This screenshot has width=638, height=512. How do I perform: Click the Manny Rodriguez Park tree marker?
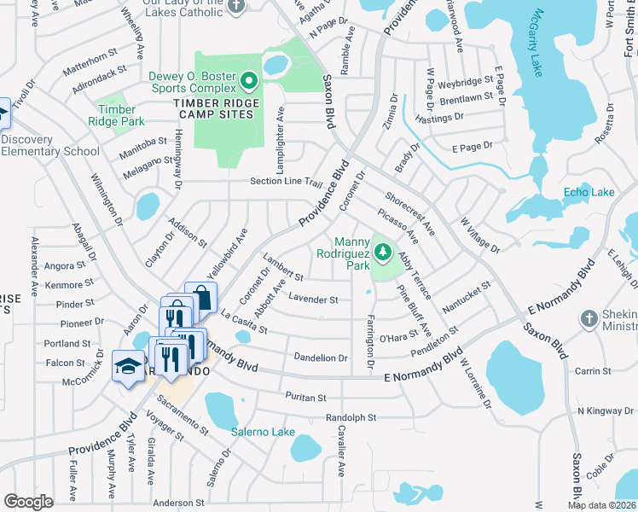pyautogui.click(x=384, y=252)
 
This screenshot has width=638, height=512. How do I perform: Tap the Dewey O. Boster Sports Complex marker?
pyautogui.click(x=249, y=82)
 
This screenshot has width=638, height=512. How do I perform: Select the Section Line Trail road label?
pyautogui.click(x=285, y=182)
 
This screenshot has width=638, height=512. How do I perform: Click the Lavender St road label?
pyautogui.click(x=313, y=300)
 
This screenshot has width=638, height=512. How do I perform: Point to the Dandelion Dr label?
pyautogui.click(x=320, y=358)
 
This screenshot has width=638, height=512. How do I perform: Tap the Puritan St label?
pyautogui.click(x=305, y=398)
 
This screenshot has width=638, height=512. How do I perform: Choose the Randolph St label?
pyautogui.click(x=351, y=418)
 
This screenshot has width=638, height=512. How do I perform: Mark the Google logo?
pyautogui.click(x=28, y=502)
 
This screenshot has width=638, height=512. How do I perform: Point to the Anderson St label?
pyautogui.click(x=181, y=503)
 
